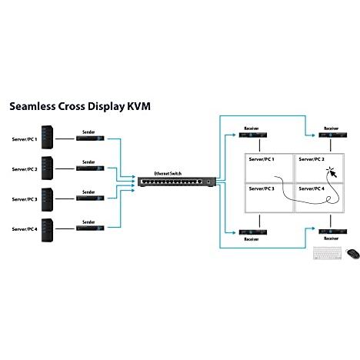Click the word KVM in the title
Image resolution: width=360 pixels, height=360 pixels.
pos(138,106)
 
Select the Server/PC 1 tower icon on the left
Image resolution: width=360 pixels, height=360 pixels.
pos(48,137)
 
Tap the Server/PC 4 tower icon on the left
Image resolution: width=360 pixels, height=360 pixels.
pos(48,230)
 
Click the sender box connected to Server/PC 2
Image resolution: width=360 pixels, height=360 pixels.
pos(90,168)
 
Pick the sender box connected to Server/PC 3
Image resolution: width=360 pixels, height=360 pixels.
pos(90,198)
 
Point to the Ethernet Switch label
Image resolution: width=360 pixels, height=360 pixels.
pos(168,174)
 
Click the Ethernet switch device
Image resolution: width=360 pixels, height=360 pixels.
pos(177,182)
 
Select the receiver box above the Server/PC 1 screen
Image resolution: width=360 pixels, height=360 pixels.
pos(253,135)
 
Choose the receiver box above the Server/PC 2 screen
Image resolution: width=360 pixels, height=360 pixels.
pos(333,135)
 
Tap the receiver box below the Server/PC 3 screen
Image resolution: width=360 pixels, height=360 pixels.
pos(253,232)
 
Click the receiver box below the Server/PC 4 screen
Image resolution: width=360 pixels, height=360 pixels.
pos(333,232)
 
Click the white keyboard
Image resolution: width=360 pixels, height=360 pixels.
pos(327,253)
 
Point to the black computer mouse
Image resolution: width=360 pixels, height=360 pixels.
pos(353,254)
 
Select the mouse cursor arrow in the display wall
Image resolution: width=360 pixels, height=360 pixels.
pos(333,174)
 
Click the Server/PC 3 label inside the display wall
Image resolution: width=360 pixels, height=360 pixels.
pos(262,188)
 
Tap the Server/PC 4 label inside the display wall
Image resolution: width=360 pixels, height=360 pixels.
pos(312,188)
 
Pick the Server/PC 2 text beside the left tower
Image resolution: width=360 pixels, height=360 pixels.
pos(25,169)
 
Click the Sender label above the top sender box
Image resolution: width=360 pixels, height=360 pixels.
pos(88,132)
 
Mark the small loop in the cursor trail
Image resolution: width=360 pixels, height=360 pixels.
pos(328,199)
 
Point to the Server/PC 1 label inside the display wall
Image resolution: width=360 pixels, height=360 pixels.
pos(262,159)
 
